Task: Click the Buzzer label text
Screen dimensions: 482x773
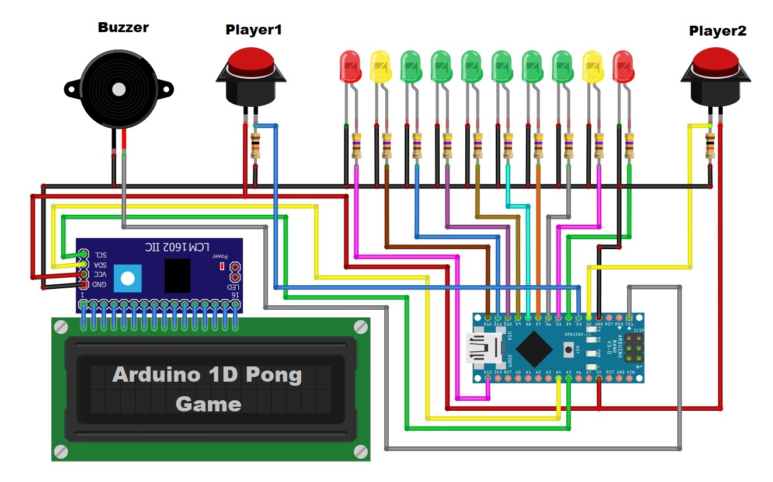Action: (123, 27)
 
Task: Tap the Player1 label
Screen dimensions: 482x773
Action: (253, 29)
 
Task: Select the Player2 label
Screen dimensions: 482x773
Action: (718, 31)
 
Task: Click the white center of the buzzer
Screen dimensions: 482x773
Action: (119, 89)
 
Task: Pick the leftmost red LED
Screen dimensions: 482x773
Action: (350, 67)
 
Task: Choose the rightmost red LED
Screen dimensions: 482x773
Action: (623, 67)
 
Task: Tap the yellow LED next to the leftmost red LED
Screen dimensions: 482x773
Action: (381, 67)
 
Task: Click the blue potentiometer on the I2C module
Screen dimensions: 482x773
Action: (128, 277)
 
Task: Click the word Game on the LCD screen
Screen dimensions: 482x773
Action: (208, 404)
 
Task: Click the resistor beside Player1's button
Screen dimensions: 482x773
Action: (255, 146)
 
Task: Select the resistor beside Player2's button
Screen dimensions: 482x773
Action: (710, 146)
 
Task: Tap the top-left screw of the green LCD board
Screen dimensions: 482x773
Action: (61, 328)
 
